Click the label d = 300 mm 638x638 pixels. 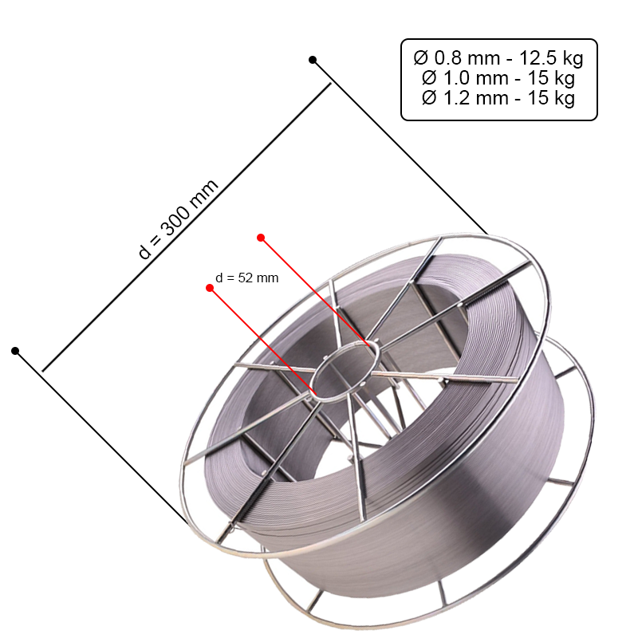178,219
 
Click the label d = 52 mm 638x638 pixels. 247,278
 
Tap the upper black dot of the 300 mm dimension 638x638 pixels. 313,60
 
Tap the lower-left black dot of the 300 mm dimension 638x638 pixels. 15,351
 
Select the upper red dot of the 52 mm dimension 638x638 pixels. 261,237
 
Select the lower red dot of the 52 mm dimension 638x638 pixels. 210,288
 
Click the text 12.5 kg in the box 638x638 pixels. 551,57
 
